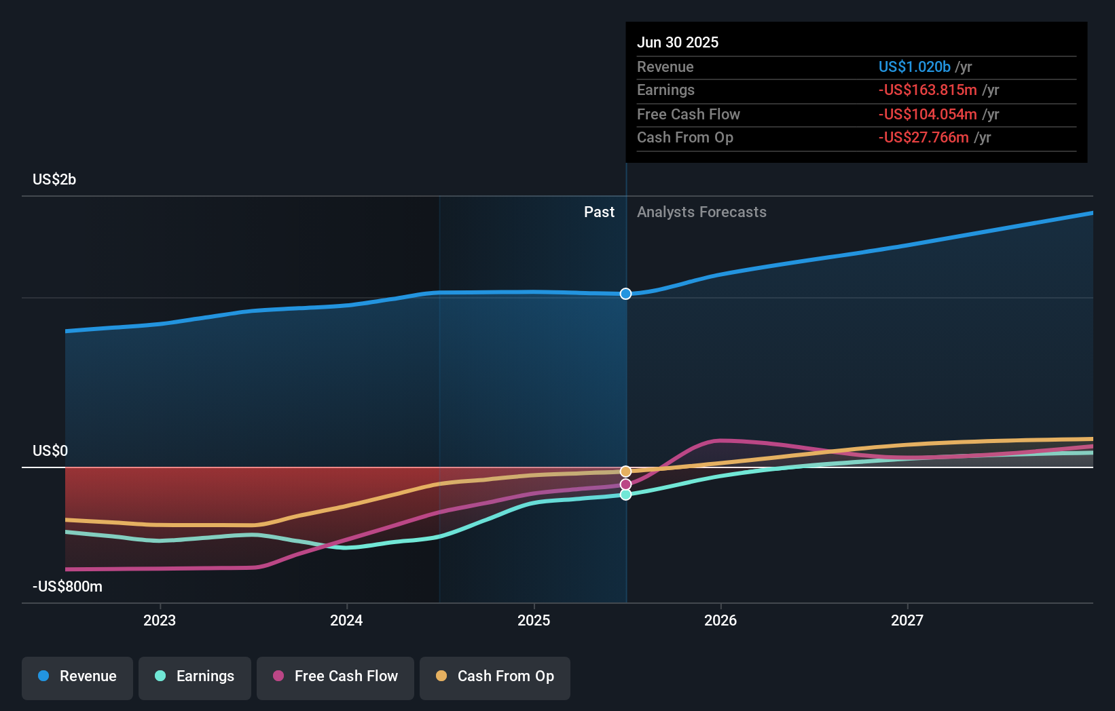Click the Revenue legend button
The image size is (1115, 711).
pyautogui.click(x=77, y=676)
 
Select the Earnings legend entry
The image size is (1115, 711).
pyautogui.click(x=195, y=676)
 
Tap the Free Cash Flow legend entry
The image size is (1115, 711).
pyautogui.click(x=335, y=676)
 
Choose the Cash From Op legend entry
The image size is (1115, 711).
pyautogui.click(x=495, y=676)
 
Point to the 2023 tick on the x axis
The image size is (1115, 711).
pyautogui.click(x=160, y=620)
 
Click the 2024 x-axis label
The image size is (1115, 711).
pyautogui.click(x=346, y=620)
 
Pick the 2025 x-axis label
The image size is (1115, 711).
pyautogui.click(x=534, y=620)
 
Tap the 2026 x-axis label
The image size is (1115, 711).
pyautogui.click(x=720, y=620)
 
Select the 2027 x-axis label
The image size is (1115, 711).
pyautogui.click(x=907, y=620)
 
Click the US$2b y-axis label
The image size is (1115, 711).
pyautogui.click(x=54, y=180)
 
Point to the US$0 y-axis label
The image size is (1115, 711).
pyautogui.click(x=50, y=451)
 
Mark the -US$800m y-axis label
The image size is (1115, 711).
pyautogui.click(x=67, y=587)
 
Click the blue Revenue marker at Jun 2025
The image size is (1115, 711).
pyautogui.click(x=625, y=294)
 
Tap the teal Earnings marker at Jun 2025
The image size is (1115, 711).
pyautogui.click(x=625, y=495)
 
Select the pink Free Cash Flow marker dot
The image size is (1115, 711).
pyautogui.click(x=625, y=484)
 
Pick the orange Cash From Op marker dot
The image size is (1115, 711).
pyautogui.click(x=625, y=472)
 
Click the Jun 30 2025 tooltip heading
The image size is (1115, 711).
pyautogui.click(x=678, y=42)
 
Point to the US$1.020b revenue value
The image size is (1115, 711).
pyautogui.click(x=914, y=66)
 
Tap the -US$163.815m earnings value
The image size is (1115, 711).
pyautogui.click(x=928, y=90)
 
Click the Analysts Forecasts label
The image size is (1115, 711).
pyautogui.click(x=701, y=212)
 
